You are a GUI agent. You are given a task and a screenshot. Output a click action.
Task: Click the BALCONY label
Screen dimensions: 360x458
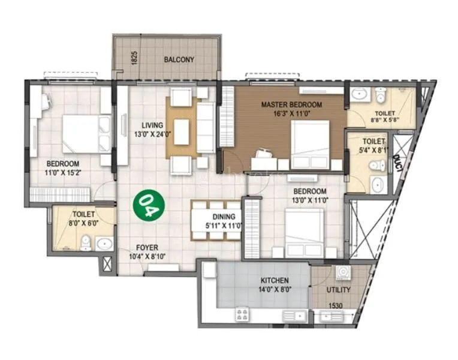[179, 59]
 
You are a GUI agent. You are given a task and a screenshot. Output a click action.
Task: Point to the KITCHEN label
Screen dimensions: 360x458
[275, 280]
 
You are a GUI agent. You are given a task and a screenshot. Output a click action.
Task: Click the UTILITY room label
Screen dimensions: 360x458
[339, 290]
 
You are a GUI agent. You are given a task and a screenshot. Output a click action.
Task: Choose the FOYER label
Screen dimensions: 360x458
[147, 246]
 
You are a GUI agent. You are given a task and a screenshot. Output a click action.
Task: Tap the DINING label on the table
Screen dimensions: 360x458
[222, 217]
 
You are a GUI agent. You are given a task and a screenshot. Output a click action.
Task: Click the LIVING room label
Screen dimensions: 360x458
[147, 125]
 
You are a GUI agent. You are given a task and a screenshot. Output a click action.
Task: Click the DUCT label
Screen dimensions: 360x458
[397, 163]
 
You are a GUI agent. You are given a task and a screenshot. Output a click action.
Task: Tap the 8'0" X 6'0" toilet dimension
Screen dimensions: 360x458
[84, 222]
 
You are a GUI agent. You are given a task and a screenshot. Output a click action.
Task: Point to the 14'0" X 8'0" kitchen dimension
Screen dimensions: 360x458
[275, 289]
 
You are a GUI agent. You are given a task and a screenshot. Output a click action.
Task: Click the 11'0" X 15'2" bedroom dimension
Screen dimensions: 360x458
[63, 172]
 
